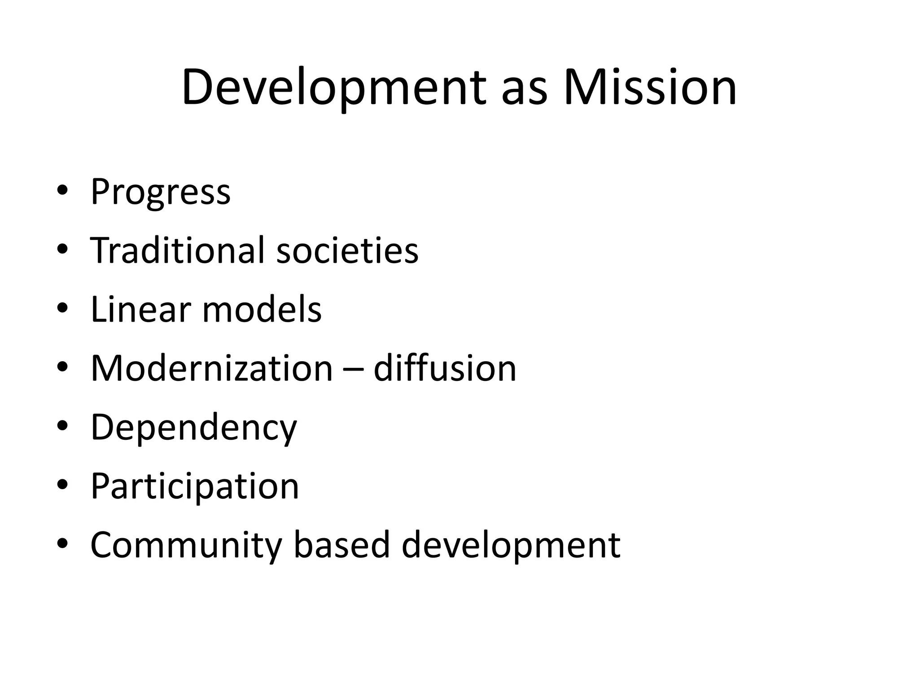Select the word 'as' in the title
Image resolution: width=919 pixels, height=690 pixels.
pos(524,92)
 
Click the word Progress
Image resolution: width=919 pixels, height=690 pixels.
pos(160,193)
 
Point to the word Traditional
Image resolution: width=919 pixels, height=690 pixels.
pos(177,250)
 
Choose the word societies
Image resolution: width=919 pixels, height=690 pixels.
pos(347,250)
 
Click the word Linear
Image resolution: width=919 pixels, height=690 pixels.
pos(140,310)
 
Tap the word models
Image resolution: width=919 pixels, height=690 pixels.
pos(262,310)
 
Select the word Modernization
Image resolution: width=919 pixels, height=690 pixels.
pos(211,368)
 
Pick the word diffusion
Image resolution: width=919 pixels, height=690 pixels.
pos(445,368)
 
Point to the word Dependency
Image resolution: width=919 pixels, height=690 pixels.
pos(193,428)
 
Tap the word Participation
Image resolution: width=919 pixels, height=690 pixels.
pos(195,487)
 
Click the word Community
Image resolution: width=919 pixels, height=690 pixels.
pos(186,546)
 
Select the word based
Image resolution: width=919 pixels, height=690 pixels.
pos(341,545)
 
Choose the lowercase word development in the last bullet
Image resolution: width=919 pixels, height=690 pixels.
pos(511,546)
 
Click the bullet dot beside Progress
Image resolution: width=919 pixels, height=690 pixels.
pos(62,190)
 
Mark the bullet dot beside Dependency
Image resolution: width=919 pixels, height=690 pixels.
pos(62,426)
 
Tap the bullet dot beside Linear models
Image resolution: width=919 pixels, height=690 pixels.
pos(62,308)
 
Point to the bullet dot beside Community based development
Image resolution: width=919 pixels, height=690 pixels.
pos(62,544)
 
